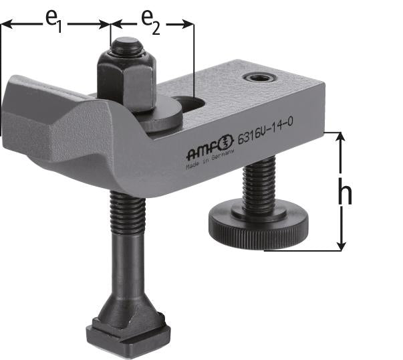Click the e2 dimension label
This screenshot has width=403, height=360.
(151, 21)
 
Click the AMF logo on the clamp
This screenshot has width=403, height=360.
(207, 144)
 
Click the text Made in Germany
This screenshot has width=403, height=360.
(208, 163)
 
